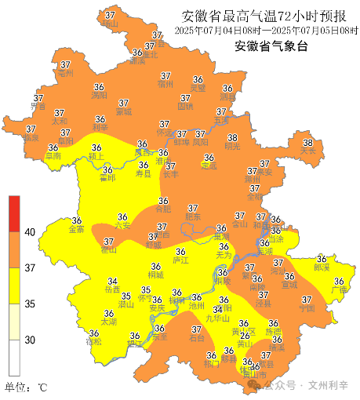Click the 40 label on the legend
30,233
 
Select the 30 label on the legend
30,340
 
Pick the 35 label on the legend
30,304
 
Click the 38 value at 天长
308,144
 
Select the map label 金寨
77,230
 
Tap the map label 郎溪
321,267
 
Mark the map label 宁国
307,308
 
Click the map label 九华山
217,318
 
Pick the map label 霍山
109,250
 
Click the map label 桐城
155,275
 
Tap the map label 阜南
53,156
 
